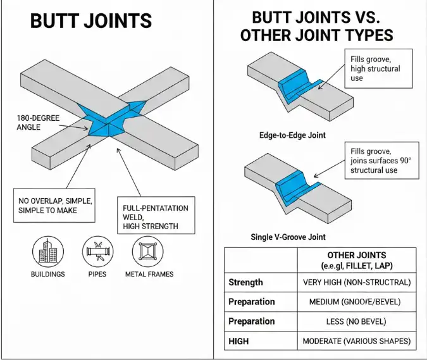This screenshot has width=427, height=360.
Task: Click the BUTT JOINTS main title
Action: pos(91,21)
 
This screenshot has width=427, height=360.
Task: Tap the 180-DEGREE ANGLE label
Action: pos(39,123)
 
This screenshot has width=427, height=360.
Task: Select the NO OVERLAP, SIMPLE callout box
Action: pos(54,206)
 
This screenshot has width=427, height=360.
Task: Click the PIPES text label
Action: pos(97,274)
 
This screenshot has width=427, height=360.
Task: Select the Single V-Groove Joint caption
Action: pos(288,237)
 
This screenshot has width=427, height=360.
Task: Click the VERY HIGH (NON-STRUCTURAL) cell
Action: pos(357,282)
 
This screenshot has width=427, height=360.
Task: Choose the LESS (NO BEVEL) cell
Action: pos(357,321)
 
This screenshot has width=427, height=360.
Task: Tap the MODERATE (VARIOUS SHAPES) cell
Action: pos(357,341)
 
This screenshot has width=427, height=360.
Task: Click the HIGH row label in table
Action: pos(240,341)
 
